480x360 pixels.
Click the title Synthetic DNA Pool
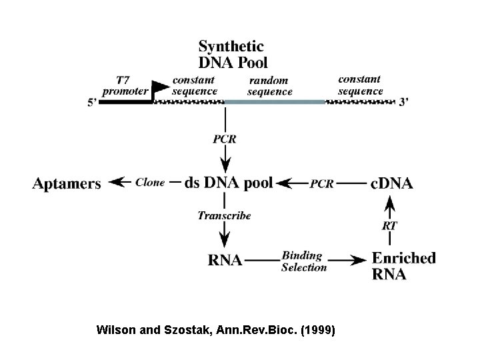coord(232,55)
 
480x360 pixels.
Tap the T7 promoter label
coord(127,85)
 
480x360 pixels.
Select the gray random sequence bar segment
coord(274,101)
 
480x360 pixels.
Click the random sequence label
coord(269,86)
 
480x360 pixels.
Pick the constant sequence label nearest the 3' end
coord(361,85)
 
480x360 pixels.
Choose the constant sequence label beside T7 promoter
coord(194,85)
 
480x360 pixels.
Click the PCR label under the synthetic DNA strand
coord(225,139)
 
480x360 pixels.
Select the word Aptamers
coord(67,183)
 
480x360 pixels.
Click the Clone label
coord(149,183)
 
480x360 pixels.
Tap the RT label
coord(390,225)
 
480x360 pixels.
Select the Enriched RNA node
coord(403,265)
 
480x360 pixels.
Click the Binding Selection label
coord(304,261)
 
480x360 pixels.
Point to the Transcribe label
coord(225,215)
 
